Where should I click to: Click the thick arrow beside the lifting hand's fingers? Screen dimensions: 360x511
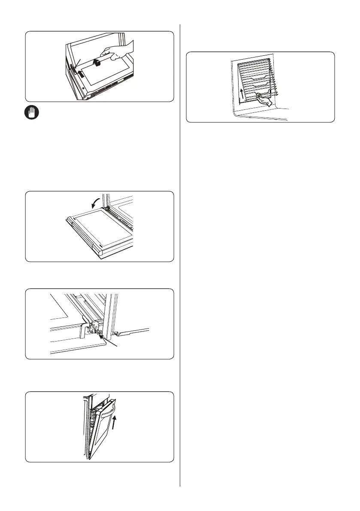(x=99, y=63)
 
